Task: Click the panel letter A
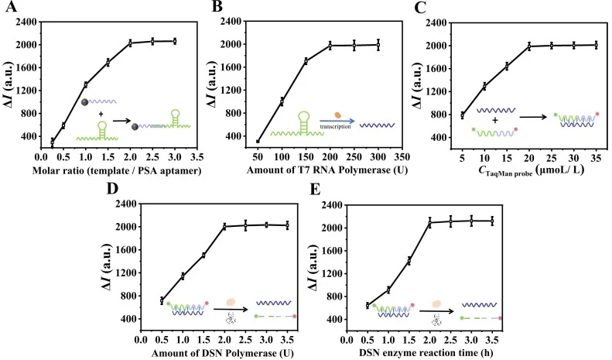pos(11,7)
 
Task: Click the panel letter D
pos(112,189)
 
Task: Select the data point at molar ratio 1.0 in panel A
pos(85,84)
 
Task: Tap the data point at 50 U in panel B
pos(258,142)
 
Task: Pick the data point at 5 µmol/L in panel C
pos(463,115)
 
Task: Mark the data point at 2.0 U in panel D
pos(224,227)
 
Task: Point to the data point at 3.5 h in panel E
pos(492,221)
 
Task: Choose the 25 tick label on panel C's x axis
pos(552,158)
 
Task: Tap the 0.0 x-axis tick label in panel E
pos(347,339)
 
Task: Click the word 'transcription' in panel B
pos(335,126)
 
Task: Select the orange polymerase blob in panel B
pos(338,115)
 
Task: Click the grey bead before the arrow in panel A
pos(84,102)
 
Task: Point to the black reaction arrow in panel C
pos(533,116)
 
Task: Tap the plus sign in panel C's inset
pos(495,120)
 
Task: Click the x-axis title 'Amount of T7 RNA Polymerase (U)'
pos(327,170)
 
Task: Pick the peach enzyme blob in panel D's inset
pos(231,302)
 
